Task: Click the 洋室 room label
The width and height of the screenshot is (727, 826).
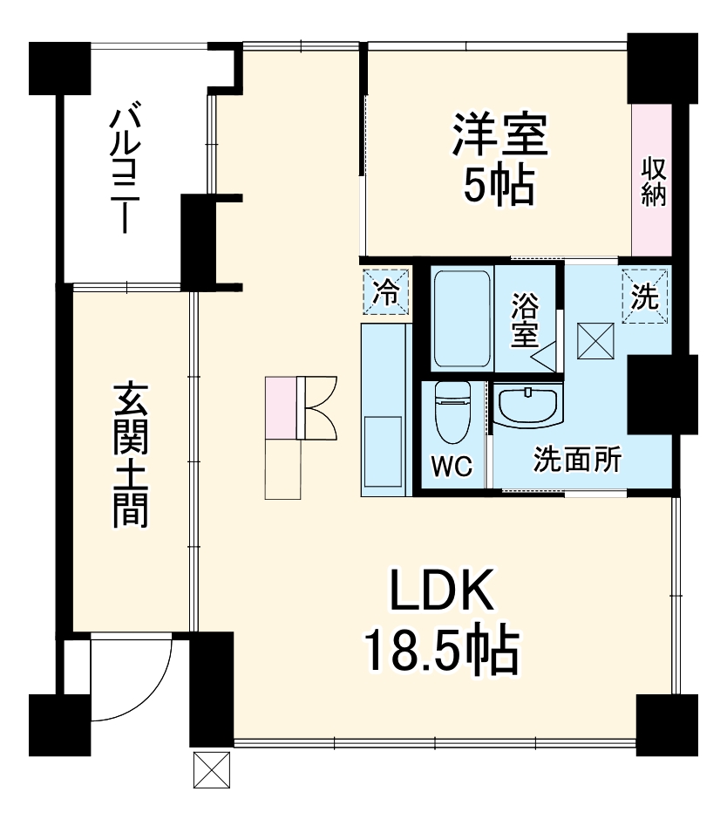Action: coord(499,136)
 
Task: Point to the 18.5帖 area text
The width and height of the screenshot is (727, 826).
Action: coord(441,649)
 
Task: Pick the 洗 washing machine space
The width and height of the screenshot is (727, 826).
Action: coord(645,297)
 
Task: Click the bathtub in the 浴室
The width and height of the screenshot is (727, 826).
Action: coord(462,318)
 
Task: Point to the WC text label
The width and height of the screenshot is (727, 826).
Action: coord(452,467)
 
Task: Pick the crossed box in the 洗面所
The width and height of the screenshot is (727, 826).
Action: coord(597,339)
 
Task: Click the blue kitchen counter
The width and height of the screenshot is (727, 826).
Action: coord(383,410)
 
